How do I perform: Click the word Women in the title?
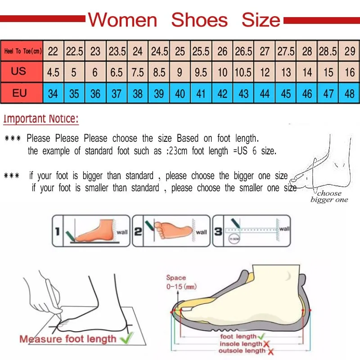click(x=122, y=20)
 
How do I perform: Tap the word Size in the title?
click(x=261, y=20)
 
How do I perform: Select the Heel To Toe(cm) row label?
click(x=22, y=51)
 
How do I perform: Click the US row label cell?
click(x=19, y=72)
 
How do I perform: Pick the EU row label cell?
click(x=19, y=94)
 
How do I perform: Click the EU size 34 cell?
click(x=53, y=94)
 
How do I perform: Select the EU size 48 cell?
click(x=350, y=94)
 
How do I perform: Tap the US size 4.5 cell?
click(x=53, y=72)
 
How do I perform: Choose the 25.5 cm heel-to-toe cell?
click(x=201, y=51)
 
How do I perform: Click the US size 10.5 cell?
click(x=243, y=72)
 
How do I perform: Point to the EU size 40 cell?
click(x=180, y=94)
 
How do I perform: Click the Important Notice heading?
click(x=41, y=119)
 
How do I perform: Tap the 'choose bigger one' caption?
click(x=329, y=197)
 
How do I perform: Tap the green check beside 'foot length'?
click(x=261, y=336)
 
